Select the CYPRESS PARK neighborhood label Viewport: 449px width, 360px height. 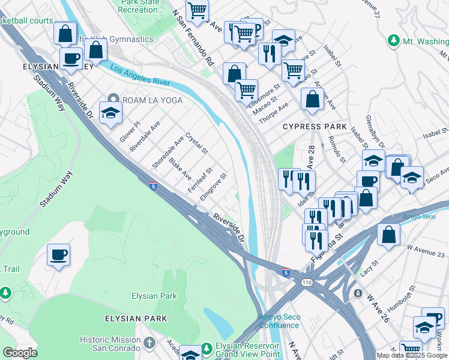(315, 127)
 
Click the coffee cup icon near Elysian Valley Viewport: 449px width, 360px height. (71, 59)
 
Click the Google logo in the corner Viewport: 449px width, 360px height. (20, 353)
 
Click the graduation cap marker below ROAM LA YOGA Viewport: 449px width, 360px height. (110, 113)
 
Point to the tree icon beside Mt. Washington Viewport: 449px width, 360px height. (393, 41)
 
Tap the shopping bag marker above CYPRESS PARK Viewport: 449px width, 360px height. (312, 100)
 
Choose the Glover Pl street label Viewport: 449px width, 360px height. (130, 130)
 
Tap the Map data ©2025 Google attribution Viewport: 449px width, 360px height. (411, 355)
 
